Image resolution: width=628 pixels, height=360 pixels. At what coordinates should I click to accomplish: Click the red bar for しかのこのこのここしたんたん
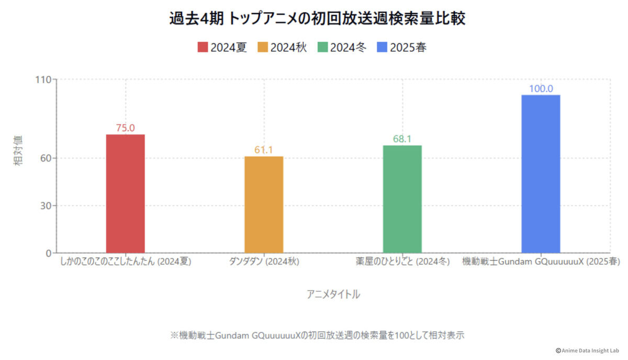(126, 194)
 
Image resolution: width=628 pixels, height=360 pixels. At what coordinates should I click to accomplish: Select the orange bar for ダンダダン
(264, 205)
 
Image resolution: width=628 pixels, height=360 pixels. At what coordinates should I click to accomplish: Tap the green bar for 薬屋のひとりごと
(402, 199)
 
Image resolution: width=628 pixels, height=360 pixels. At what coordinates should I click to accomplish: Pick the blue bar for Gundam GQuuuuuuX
(541, 174)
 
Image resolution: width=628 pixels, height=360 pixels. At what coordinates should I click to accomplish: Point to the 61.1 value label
(264, 150)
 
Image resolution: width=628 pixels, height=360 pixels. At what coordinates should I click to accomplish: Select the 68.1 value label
(402, 139)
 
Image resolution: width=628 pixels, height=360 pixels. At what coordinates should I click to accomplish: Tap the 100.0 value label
(541, 88)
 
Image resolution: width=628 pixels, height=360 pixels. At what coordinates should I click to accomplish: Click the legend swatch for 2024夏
(203, 48)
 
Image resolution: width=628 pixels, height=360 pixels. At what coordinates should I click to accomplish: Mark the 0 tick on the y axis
(49, 253)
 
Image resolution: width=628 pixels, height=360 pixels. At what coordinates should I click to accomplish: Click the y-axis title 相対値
(18, 150)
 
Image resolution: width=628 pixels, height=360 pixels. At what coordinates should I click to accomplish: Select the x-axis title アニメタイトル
(333, 294)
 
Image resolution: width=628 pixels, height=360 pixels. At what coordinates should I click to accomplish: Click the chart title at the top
(317, 19)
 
